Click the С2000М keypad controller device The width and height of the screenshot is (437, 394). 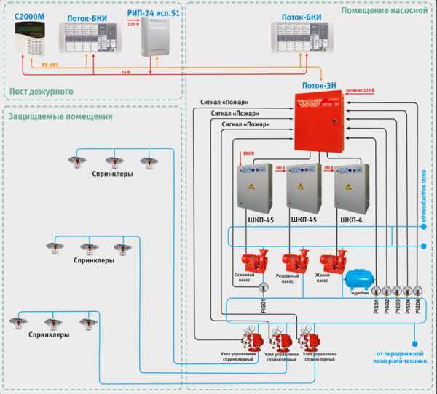coord(31,37)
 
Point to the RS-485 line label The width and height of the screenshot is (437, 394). coord(50,65)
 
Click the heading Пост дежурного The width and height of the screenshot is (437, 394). coord(42,90)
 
